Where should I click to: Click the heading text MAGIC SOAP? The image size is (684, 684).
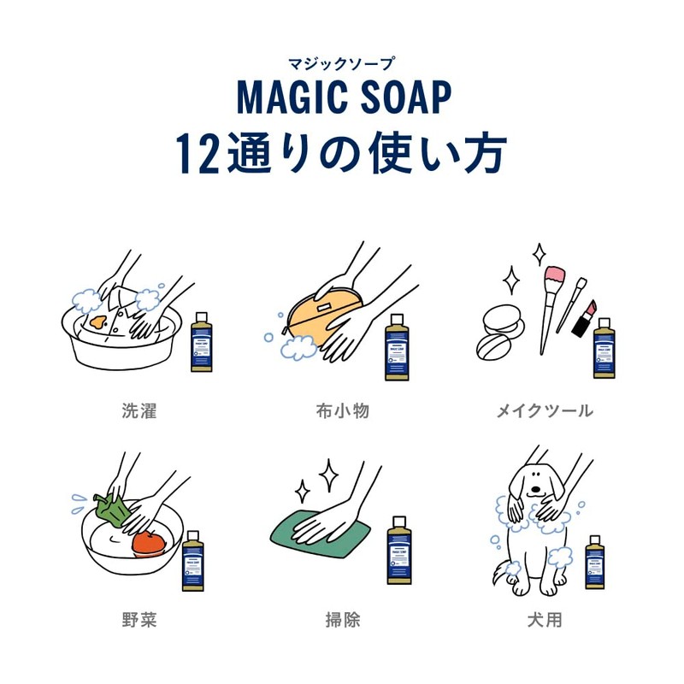(342, 98)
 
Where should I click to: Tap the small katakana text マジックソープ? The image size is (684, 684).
(342, 62)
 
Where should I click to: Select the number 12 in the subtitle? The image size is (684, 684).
(199, 154)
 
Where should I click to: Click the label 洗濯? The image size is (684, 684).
(139, 411)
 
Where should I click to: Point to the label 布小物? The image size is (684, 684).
(342, 411)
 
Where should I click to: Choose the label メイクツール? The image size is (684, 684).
(545, 411)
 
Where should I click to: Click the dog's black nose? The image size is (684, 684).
(535, 490)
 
